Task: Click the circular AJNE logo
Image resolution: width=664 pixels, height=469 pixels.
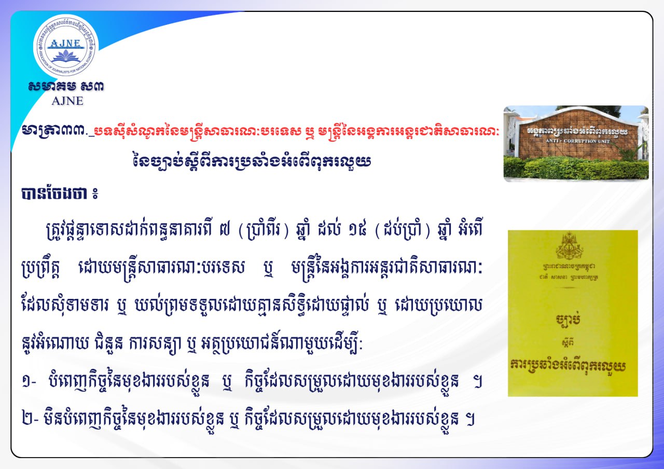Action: click(x=66, y=45)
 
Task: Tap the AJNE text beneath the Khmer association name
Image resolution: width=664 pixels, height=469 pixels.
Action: click(x=67, y=101)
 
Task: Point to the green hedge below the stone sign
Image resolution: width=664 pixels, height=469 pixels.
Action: click(x=576, y=169)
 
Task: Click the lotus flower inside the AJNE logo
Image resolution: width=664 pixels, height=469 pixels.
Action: click(x=65, y=56)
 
